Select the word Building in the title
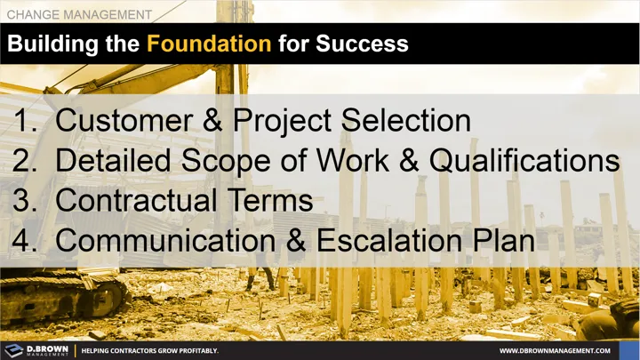[x=53, y=44]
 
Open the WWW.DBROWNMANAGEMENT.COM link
[x=561, y=351]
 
